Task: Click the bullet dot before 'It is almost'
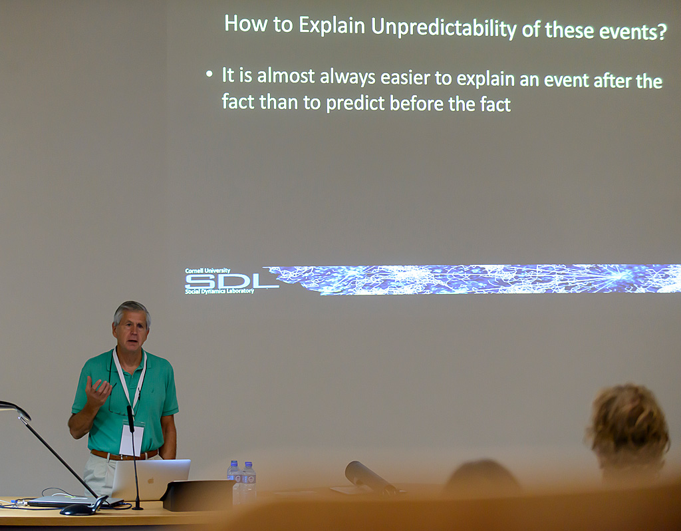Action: pyautogui.click(x=209, y=75)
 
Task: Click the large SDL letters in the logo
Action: pyautogui.click(x=231, y=281)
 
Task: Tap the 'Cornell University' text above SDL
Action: pyautogui.click(x=207, y=271)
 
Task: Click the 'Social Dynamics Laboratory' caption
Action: pyautogui.click(x=219, y=291)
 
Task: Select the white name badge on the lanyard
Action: pyautogui.click(x=131, y=440)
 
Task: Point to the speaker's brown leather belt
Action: pyautogui.click(x=124, y=455)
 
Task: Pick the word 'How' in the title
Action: pyautogui.click(x=245, y=23)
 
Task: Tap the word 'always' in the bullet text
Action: pyautogui.click(x=347, y=77)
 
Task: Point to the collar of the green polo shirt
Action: pyautogui.click(x=128, y=363)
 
